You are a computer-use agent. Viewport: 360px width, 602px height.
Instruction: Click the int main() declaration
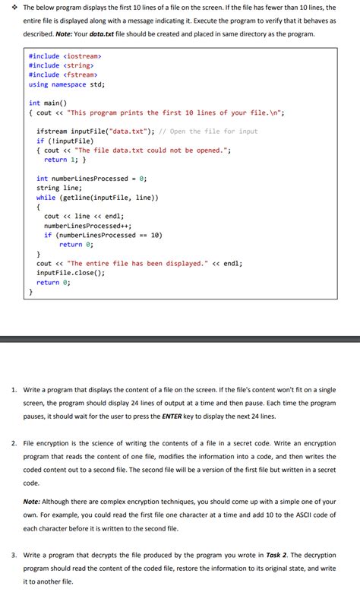pos(48,103)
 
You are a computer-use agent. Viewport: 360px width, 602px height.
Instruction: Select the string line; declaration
pos(58,188)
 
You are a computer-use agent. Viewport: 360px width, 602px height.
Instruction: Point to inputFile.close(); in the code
pos(71,273)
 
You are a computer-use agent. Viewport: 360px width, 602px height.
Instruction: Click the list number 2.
pos(14,442)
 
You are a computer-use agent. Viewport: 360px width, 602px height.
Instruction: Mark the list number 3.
pos(14,555)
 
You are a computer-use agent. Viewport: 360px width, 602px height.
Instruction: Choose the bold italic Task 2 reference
pos(271,555)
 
